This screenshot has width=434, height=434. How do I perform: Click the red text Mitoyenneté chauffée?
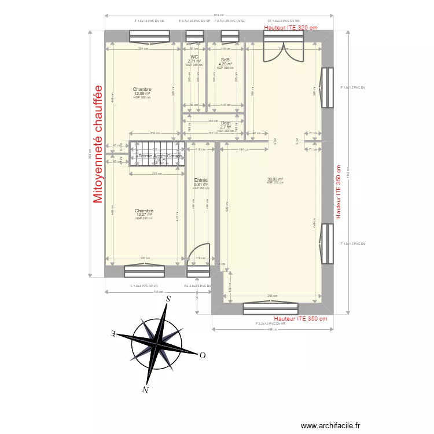(x=97, y=145)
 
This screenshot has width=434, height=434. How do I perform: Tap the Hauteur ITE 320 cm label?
(x=290, y=27)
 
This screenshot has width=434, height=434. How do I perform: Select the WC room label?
(x=194, y=57)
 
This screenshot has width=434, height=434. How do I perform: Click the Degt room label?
(x=225, y=123)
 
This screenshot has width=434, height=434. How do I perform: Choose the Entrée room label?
(x=201, y=180)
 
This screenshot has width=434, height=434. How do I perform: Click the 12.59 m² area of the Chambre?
(x=142, y=93)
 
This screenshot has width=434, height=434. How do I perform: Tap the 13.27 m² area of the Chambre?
(x=144, y=215)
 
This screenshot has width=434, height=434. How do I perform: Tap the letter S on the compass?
(x=168, y=299)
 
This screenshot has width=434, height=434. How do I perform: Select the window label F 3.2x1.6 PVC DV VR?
(x=271, y=323)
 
